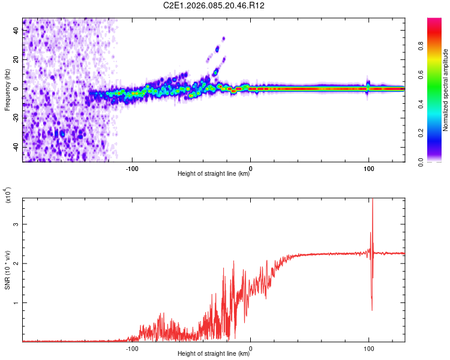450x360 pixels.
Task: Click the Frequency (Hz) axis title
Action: [x=7, y=90]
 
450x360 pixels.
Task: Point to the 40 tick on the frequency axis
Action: [x=16, y=31]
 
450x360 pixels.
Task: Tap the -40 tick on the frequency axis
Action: [x=16, y=147]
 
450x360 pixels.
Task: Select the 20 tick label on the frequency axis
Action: [x=16, y=59]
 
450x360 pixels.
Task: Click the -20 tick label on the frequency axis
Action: [x=16, y=118]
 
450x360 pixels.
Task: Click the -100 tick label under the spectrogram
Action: [x=133, y=167]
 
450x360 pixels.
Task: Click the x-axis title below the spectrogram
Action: [x=214, y=174]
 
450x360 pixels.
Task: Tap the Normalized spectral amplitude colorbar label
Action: [x=445, y=90]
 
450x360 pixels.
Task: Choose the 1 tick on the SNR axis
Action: [x=16, y=302]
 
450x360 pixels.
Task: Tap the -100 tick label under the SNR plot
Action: [x=133, y=347]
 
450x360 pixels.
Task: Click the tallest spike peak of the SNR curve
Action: [x=373, y=199]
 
